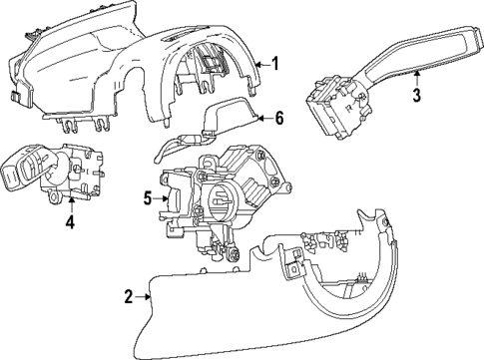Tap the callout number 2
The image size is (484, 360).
[129, 296]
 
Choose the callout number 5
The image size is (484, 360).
[147, 199]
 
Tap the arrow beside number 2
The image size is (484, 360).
[145, 296]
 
